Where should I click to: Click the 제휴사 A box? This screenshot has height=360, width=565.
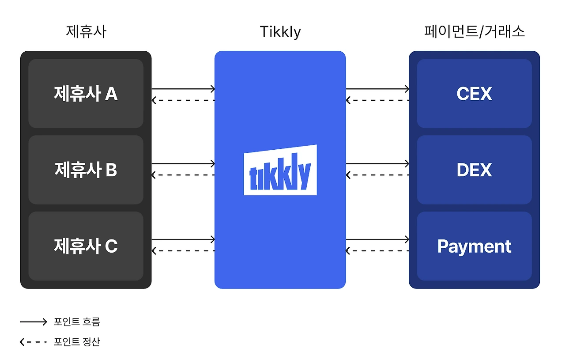pos(86,94)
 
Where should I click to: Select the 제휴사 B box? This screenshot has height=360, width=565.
pos(86,170)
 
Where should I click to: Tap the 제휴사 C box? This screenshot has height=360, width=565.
pos(86,246)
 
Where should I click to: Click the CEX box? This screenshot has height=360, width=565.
pos(474,94)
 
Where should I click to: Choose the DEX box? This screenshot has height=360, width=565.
pos(474,170)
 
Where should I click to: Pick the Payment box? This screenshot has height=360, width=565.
pos(474,246)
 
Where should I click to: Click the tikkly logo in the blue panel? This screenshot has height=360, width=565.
pos(280,170)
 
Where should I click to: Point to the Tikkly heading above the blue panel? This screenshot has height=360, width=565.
pos(280,32)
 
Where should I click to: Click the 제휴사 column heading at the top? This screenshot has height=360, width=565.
pos(86,32)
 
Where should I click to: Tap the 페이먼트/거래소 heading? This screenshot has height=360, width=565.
pos(474,32)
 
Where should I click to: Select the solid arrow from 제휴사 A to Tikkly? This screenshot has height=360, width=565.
pos(183,89)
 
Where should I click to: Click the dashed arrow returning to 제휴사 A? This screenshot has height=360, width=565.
pos(183,100)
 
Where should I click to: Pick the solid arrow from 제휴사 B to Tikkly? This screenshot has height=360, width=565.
pos(183,164)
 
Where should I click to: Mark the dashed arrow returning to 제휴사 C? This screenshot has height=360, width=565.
pos(183,251)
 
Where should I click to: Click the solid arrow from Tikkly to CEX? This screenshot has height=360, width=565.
pos(377,89)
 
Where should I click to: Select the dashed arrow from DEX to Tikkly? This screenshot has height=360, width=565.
pos(377,175)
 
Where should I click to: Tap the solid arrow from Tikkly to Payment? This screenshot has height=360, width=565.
pos(377,239)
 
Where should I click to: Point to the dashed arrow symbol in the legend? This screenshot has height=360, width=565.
pos(33,342)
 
